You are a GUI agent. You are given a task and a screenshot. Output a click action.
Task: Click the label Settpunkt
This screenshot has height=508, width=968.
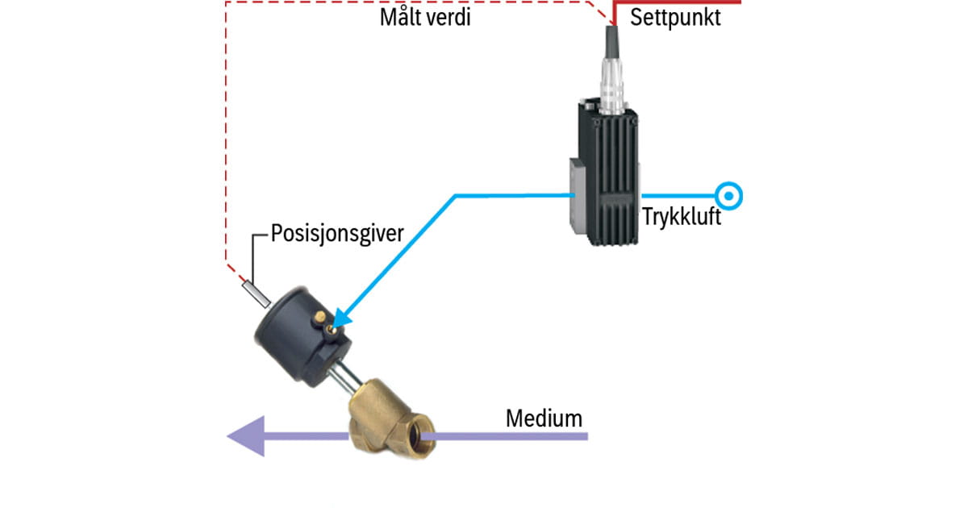tap(675, 17)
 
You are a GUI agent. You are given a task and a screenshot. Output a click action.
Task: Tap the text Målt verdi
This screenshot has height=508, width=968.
tap(425, 17)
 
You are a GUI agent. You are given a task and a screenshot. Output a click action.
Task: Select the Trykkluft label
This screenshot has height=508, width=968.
tap(682, 218)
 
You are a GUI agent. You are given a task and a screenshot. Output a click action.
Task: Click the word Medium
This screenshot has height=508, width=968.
tap(544, 418)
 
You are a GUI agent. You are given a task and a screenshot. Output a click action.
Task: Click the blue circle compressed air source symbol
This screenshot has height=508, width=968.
tap(729, 196)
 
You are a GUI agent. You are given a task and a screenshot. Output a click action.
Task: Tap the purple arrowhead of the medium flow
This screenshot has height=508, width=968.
tap(247, 436)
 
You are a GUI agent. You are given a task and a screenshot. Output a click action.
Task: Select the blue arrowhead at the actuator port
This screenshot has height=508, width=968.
tap(338, 320)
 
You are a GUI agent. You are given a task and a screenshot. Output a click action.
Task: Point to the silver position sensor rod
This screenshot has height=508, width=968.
tap(255, 291)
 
